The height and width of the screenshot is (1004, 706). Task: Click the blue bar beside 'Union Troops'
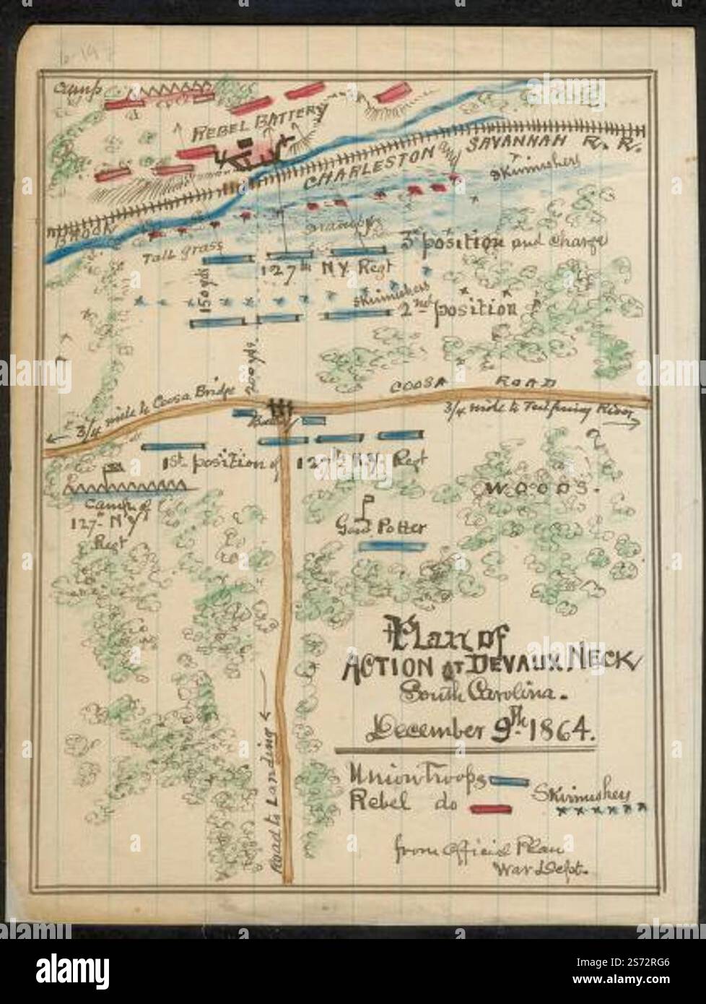coord(509,781)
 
